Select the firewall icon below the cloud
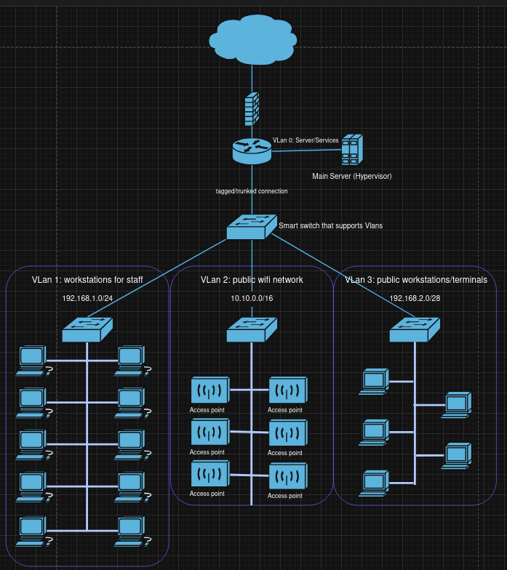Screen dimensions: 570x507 (x=252, y=108)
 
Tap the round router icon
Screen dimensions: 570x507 (x=252, y=150)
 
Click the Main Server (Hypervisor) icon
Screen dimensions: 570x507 (x=352, y=149)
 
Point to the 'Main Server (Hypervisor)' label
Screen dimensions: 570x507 (x=352, y=176)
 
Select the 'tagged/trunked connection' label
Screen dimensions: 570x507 (x=252, y=191)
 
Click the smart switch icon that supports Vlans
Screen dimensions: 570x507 (x=252, y=227)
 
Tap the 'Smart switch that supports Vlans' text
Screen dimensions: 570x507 (x=330, y=226)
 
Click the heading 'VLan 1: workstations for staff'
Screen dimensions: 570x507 (x=87, y=280)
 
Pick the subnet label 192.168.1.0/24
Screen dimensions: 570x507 (x=87, y=298)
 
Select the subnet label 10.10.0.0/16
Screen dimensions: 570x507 (x=252, y=298)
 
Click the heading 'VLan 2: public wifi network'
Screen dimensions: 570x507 (x=252, y=280)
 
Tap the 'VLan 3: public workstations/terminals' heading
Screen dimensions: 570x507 (x=415, y=280)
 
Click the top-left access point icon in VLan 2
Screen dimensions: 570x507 (x=209, y=390)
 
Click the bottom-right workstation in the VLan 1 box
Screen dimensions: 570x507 (x=131, y=529)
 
